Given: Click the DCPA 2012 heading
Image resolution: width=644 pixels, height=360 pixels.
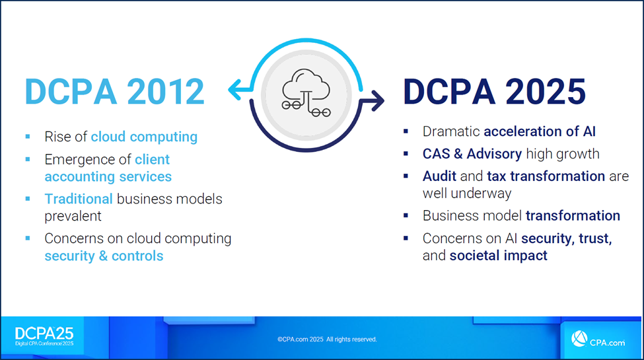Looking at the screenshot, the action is click(x=114, y=91).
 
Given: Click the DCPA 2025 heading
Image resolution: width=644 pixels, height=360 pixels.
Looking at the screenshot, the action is click(x=495, y=91).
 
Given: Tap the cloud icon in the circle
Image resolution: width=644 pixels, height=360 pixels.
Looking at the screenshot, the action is click(x=306, y=93).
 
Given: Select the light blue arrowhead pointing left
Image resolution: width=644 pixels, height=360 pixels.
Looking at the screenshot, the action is click(x=235, y=89).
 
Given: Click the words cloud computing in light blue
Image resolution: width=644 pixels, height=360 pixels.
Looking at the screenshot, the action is click(x=144, y=137).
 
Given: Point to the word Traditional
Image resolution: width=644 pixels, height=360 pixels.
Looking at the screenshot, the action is click(x=79, y=199).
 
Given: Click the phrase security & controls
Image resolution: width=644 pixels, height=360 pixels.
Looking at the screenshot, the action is click(x=104, y=256).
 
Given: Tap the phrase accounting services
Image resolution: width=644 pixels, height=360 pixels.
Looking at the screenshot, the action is click(x=108, y=176).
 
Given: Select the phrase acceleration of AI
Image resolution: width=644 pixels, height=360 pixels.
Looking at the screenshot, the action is click(x=540, y=131).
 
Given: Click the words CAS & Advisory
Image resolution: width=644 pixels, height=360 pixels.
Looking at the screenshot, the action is click(x=472, y=154).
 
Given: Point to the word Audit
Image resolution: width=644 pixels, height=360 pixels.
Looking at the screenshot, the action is click(x=439, y=176).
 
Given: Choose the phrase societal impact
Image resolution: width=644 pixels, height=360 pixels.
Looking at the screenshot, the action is click(x=499, y=256).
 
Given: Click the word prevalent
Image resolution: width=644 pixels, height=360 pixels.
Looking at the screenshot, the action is click(x=73, y=216).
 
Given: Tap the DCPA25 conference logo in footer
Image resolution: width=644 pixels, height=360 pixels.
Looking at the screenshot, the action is click(x=44, y=336).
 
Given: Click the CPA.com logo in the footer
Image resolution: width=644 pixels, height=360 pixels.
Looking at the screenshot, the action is click(x=598, y=339).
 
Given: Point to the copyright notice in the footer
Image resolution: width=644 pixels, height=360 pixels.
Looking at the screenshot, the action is click(x=327, y=339).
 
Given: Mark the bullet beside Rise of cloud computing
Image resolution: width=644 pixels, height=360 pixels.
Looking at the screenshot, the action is click(x=28, y=137).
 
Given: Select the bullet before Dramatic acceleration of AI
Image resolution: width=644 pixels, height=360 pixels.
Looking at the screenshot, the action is click(x=406, y=131).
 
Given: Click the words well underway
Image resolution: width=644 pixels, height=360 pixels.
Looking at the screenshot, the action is click(x=467, y=193).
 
